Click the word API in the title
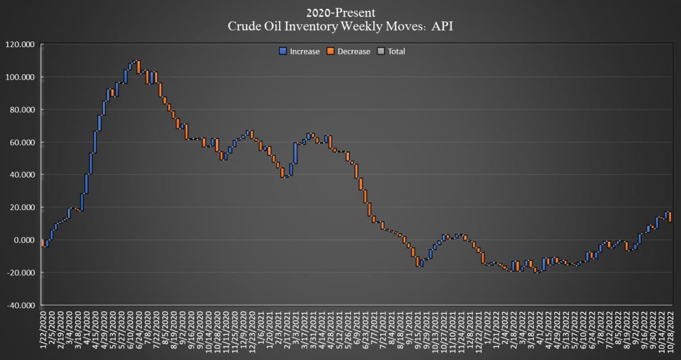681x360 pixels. [442, 26]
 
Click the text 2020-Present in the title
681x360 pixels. [340, 13]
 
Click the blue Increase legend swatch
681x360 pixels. [283, 51]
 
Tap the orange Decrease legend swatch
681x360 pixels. [330, 51]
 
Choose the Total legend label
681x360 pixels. [396, 52]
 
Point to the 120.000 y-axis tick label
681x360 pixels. [20, 45]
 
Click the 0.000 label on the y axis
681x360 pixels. [24, 240]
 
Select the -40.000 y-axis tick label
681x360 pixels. [20, 305]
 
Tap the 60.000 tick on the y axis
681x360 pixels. [22, 143]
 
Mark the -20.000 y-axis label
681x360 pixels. [20, 273]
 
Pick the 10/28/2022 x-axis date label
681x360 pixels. [670, 332]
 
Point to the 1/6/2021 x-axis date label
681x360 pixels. [261, 328]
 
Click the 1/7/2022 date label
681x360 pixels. [487, 328]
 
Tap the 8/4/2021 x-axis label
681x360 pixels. [392, 328]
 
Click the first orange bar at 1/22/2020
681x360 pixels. [43, 243]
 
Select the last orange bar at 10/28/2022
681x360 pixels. [670, 217]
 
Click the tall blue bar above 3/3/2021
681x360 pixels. [296, 153]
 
